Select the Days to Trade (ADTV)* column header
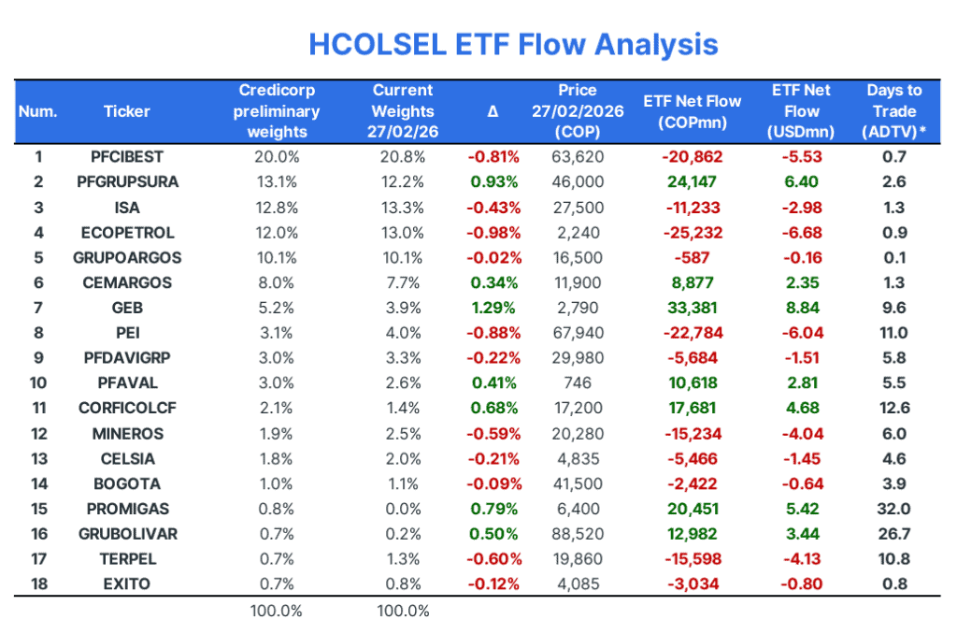click(893, 111)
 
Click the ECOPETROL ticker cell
click(127, 232)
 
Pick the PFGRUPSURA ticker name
click(127, 181)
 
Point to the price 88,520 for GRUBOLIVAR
click(577, 534)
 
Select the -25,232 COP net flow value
click(693, 232)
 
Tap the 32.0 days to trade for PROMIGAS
click(893, 509)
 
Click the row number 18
click(37, 584)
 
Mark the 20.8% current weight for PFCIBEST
click(403, 156)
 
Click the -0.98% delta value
click(493, 232)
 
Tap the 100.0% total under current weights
click(403, 611)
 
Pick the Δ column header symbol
click(493, 111)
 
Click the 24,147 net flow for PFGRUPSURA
click(693, 181)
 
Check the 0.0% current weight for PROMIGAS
click(403, 509)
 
